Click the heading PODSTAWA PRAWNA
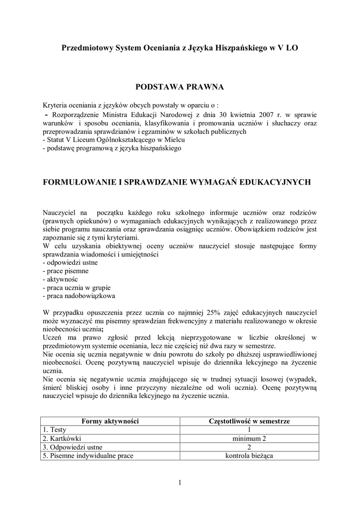(180, 87)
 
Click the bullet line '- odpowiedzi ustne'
(70, 262)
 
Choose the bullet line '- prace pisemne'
(66, 271)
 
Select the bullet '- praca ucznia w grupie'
(77, 288)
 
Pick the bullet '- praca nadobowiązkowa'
(79, 296)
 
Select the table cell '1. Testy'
(58, 430)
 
